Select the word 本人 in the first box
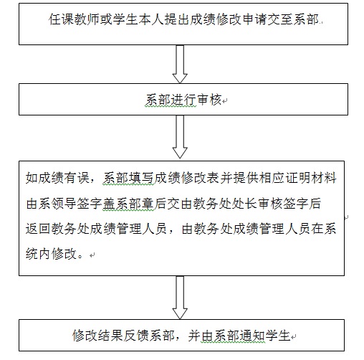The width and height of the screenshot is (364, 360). click(x=151, y=19)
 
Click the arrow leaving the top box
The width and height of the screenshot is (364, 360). click(x=180, y=64)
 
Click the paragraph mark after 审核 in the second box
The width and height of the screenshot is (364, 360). click(x=224, y=101)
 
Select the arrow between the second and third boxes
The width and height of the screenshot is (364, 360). click(x=180, y=137)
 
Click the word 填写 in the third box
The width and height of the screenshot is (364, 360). click(x=141, y=178)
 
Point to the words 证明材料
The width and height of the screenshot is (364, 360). click(x=311, y=178)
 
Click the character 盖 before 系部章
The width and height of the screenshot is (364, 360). click(x=109, y=204)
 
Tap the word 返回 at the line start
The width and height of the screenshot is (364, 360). click(x=38, y=229)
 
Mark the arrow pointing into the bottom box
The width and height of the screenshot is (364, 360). click(x=180, y=298)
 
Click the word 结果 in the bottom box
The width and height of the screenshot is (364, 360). click(x=110, y=336)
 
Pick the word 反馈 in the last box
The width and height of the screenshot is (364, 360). click(x=136, y=336)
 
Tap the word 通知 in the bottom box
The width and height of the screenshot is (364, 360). click(x=252, y=336)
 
